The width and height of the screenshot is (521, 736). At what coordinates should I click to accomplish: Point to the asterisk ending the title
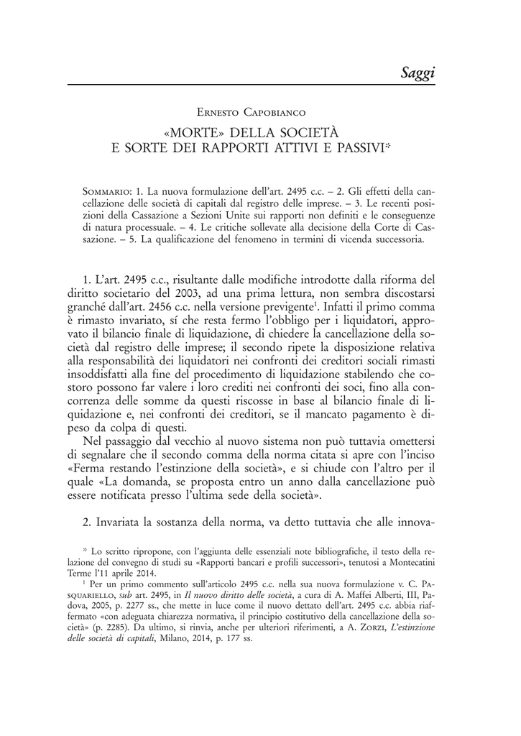pyautogui.click(x=387, y=146)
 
